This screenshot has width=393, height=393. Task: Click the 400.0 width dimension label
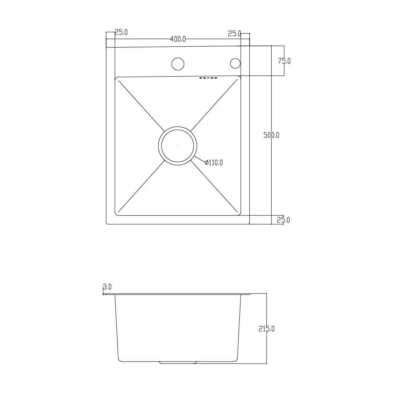coord(178,39)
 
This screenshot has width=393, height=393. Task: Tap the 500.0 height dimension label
coord(272,135)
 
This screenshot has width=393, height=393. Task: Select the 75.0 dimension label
coord(284,61)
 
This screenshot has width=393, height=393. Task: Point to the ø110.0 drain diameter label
coord(214,163)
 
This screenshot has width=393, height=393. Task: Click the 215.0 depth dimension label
coord(267,329)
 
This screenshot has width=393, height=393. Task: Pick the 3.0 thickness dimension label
coord(107,287)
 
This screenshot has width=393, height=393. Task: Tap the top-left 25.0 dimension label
coord(121,32)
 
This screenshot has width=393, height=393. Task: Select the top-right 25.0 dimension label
coord(235,33)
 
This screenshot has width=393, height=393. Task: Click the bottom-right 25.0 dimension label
coord(283,220)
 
